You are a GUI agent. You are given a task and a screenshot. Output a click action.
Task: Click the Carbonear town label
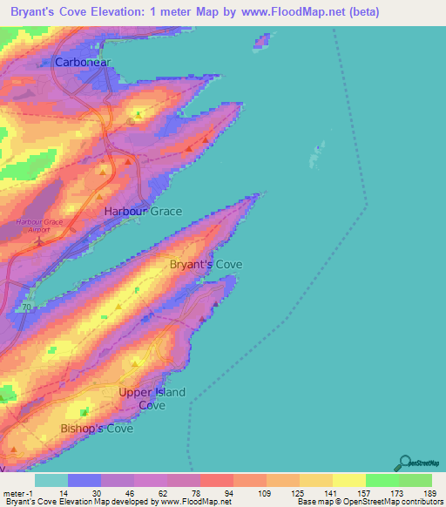[84, 63]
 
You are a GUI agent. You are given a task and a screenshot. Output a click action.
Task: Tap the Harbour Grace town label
[143, 212]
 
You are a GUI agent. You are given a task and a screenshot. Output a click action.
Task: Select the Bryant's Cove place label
[206, 264]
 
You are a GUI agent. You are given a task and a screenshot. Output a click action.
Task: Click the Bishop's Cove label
[97, 429]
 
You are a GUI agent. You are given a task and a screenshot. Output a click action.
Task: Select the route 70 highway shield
[28, 307]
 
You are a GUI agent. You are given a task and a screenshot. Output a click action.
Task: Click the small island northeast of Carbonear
[262, 42]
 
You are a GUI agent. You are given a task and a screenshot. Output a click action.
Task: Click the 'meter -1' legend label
[17, 493]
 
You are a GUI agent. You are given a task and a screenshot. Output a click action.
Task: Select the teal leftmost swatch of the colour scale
[51, 480]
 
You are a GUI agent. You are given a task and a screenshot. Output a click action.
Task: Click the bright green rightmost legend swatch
[415, 480]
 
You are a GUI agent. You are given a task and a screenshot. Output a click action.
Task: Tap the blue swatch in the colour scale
[84, 480]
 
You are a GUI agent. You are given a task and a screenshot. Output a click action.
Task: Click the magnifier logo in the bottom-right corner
[403, 463]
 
